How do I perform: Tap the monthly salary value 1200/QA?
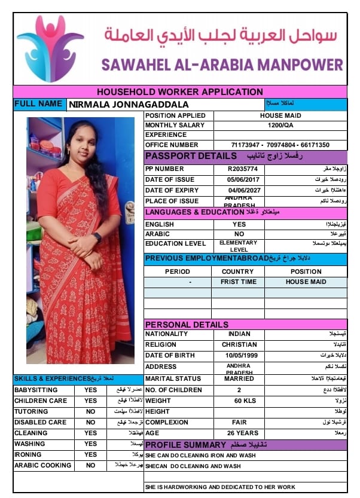click(280, 125)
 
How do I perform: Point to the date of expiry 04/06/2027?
click(239, 190)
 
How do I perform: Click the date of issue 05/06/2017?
click(239, 179)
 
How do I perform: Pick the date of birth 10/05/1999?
click(239, 355)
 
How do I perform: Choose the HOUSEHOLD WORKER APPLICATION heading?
click(179, 91)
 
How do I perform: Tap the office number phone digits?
click(280, 145)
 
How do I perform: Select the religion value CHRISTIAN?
click(239, 344)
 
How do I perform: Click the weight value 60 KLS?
click(239, 401)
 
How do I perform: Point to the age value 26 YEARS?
click(239, 433)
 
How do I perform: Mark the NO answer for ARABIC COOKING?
click(90, 465)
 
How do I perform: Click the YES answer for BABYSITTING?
click(90, 390)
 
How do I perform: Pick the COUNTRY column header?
click(237, 271)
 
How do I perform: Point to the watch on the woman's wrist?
click(97, 237)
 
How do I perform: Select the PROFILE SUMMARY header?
click(186, 445)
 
